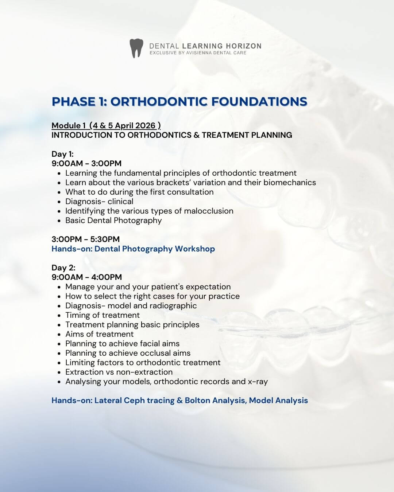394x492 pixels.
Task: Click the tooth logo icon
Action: [136, 48]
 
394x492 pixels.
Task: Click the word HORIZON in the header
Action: [243, 46]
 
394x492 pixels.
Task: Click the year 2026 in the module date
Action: [145, 125]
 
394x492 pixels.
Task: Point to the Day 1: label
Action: [62, 154]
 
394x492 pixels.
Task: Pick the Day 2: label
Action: [63, 268]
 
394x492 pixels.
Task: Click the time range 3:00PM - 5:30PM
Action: [85, 239]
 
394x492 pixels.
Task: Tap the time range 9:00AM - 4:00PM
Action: [86, 277]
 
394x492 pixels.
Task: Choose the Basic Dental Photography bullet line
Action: [113, 220]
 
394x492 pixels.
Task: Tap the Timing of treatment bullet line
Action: [103, 315]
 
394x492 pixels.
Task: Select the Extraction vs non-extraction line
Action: [119, 372]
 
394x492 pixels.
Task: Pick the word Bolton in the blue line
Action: [197, 400]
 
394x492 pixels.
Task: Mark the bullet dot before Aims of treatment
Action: [59, 334]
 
